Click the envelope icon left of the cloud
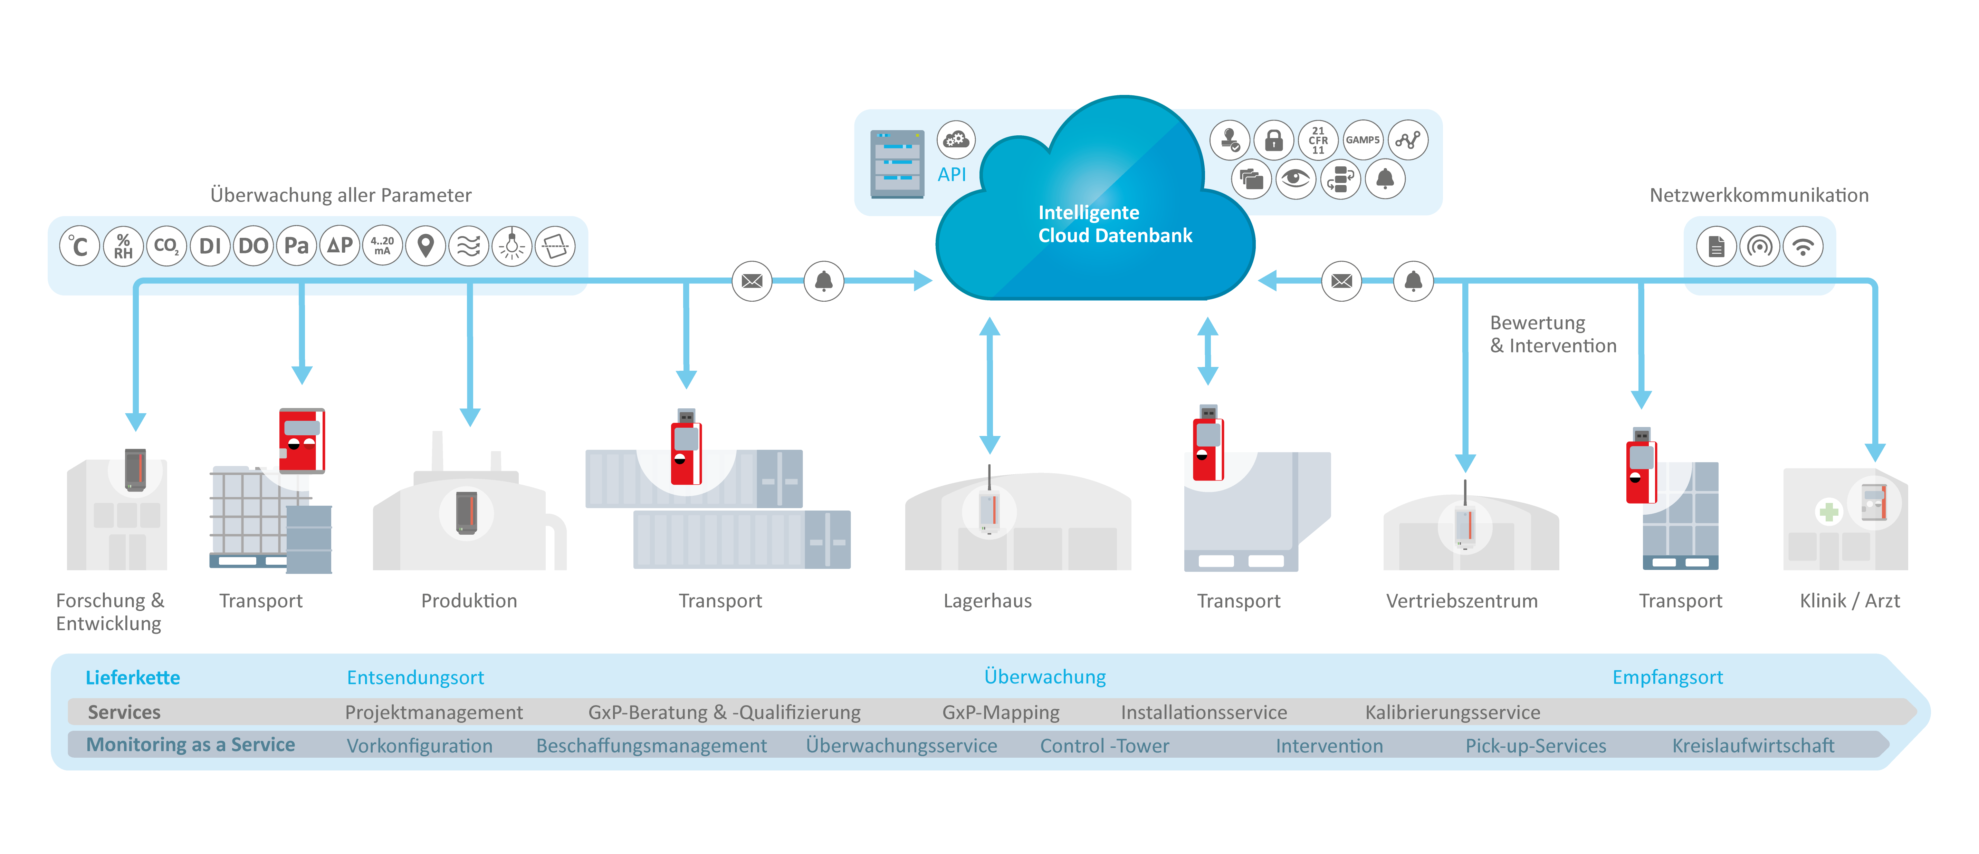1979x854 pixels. tap(752, 281)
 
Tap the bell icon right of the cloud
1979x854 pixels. tap(1413, 281)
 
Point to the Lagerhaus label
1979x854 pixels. tap(987, 601)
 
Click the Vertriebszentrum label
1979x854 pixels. tap(1461, 601)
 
